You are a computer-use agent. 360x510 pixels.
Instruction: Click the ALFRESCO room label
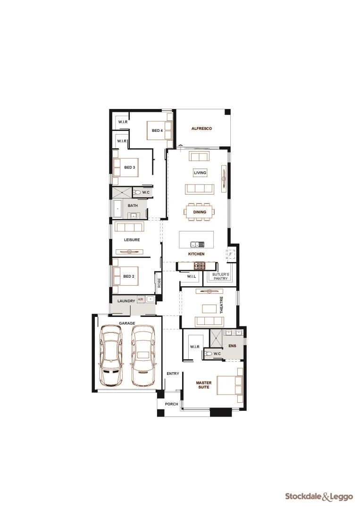pyautogui.click(x=201, y=128)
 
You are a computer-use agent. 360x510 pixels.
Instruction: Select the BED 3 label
pyautogui.click(x=130, y=167)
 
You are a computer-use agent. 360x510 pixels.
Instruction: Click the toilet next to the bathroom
pyautogui.click(x=137, y=192)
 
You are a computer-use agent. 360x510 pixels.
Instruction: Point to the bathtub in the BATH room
pyautogui.click(x=117, y=208)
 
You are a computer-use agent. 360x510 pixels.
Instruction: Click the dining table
pyautogui.click(x=200, y=212)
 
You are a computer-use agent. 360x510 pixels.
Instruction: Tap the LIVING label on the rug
pyautogui.click(x=200, y=173)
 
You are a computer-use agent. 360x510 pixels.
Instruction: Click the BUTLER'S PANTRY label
pyautogui.click(x=220, y=276)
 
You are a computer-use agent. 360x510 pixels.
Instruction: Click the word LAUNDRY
pyautogui.click(x=123, y=301)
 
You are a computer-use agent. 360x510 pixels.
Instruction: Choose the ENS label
pyautogui.click(x=232, y=346)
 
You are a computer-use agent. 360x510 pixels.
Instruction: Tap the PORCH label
pyautogui.click(x=171, y=404)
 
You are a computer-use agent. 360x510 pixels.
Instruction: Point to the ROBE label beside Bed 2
pyautogui.click(x=159, y=283)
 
